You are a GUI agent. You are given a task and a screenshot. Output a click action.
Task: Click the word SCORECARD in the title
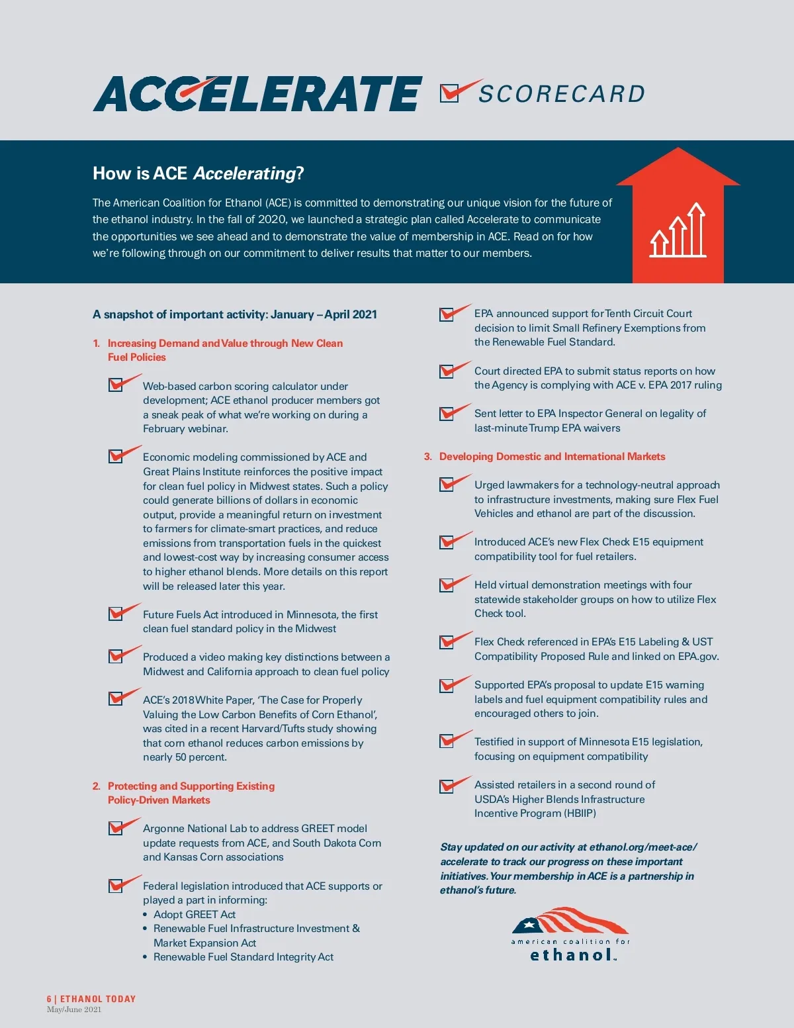[562, 94]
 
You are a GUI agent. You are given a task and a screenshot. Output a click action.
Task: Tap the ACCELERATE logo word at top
[257, 93]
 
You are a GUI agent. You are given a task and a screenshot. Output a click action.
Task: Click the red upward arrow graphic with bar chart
[678, 215]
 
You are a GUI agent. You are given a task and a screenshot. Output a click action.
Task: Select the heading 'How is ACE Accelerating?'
[198, 173]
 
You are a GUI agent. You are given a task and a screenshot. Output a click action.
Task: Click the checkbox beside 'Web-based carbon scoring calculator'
[116, 385]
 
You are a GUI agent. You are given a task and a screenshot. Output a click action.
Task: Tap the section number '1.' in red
[97, 343]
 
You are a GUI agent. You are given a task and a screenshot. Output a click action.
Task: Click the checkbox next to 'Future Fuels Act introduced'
[116, 614]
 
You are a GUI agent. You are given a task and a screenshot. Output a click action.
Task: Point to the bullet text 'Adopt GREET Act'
[194, 914]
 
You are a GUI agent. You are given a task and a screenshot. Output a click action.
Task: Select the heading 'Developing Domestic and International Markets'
[552, 456]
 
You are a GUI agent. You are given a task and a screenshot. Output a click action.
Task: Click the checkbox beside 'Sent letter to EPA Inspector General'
[447, 414]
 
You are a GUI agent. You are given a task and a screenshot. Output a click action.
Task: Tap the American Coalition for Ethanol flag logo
[570, 933]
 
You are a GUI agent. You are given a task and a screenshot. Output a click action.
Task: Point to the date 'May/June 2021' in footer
[74, 1009]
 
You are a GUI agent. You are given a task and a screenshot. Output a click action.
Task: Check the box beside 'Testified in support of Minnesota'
[447, 741]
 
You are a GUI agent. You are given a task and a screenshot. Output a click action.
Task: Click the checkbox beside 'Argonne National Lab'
[116, 828]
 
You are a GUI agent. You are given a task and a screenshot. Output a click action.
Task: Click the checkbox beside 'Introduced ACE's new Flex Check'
[447, 541]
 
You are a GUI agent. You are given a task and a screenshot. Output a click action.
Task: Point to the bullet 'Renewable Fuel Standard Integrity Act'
[243, 957]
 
